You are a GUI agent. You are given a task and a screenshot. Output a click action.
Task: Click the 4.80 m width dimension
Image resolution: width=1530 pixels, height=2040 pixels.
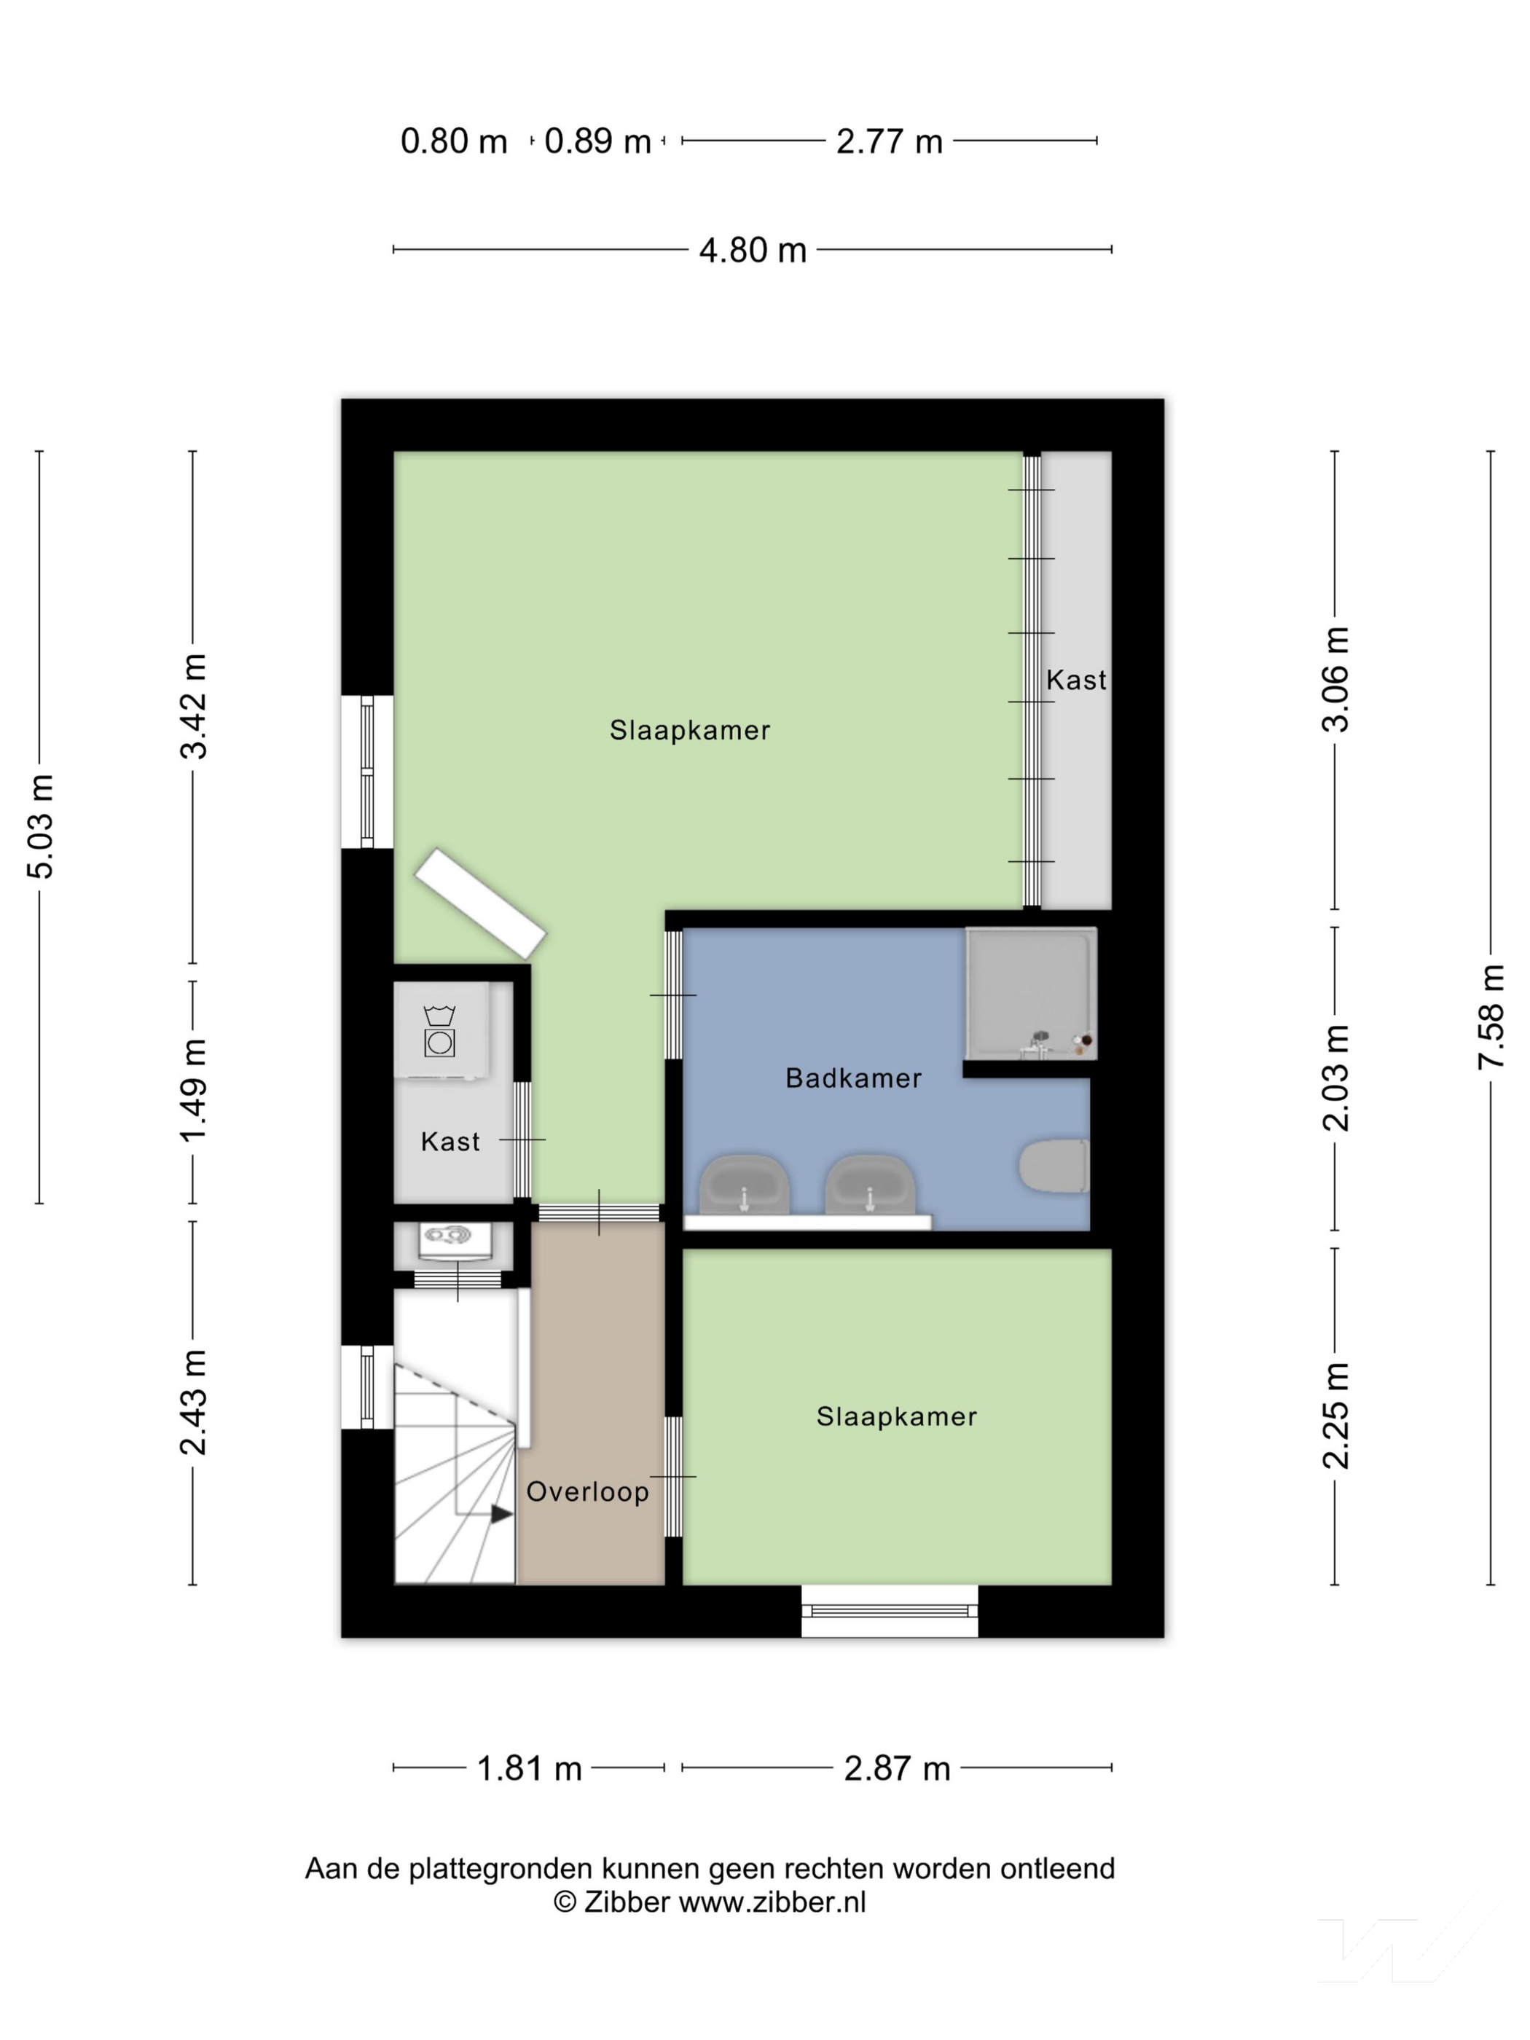pos(752,250)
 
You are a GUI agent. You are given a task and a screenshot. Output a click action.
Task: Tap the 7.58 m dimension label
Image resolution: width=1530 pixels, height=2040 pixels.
pos(1491,1016)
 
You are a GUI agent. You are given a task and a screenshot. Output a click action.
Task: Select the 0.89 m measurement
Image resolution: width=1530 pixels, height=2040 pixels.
pos(597,141)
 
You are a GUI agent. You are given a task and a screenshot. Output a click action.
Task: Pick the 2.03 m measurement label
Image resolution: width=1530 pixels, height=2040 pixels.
pos(1335,1078)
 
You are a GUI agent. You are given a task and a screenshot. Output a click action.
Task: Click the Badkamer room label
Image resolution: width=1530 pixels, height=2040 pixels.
pos(853,1078)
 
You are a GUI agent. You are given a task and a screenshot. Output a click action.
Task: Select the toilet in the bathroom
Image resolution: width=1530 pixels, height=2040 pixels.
pos(1054,1166)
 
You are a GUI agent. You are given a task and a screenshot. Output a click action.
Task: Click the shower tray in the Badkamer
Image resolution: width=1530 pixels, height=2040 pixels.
pos(1030,993)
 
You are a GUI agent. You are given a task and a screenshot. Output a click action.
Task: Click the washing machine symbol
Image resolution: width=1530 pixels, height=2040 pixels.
pos(440,1031)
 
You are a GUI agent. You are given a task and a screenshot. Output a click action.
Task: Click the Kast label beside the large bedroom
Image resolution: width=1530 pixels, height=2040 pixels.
pos(1075,680)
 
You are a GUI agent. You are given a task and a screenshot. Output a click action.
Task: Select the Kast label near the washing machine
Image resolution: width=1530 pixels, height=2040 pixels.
pos(450,1142)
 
